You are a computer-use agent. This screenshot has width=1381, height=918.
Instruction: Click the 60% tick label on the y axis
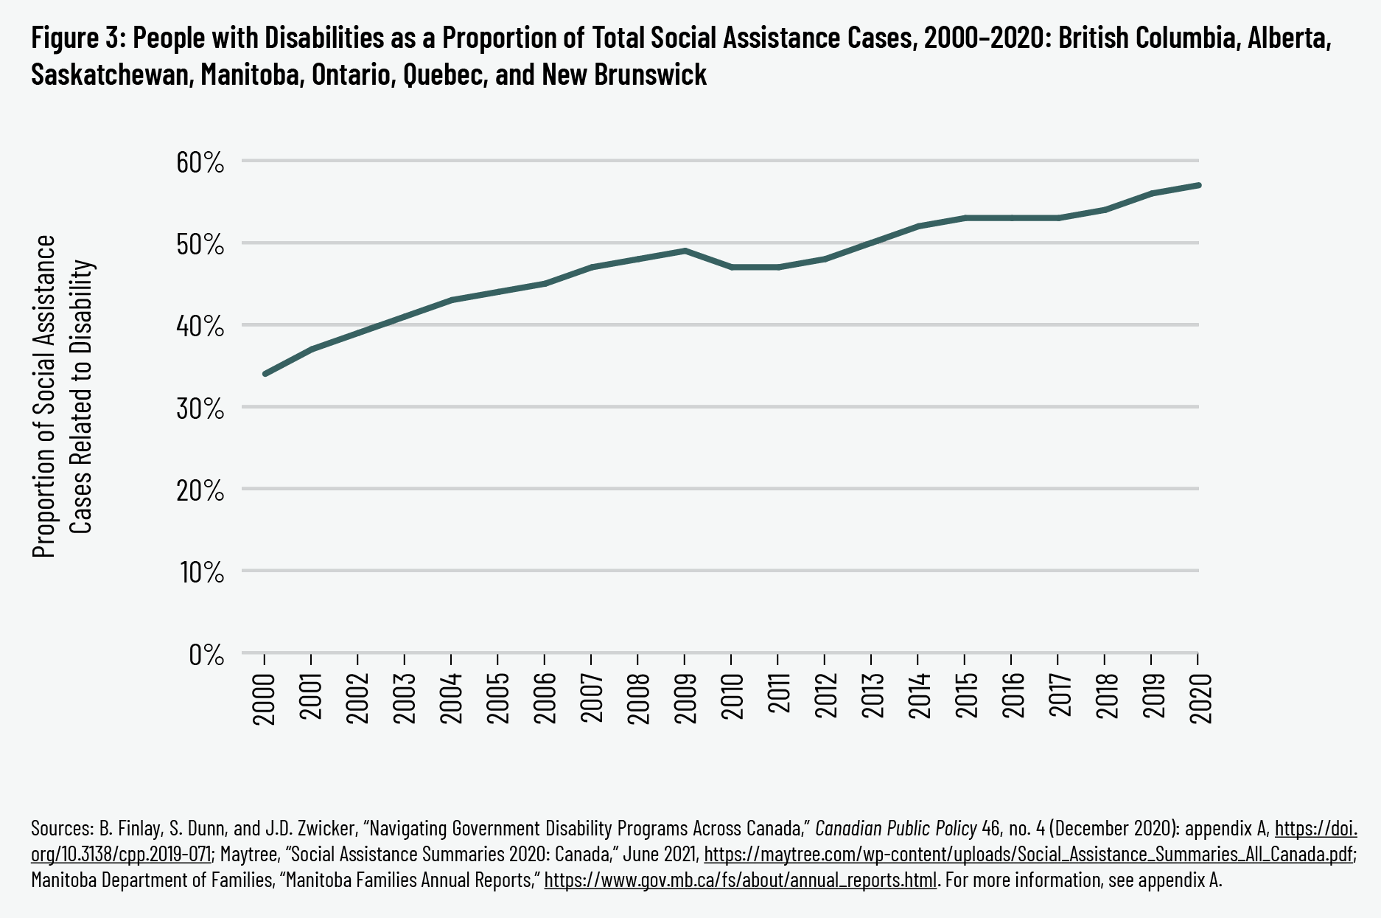pos(200,162)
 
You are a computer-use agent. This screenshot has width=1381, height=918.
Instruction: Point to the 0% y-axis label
pos(206,654)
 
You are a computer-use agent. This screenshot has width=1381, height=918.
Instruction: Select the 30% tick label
pos(200,408)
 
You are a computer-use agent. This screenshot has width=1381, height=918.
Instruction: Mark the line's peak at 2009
pos(685,251)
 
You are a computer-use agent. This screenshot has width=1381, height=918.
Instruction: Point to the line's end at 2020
pos(1199,185)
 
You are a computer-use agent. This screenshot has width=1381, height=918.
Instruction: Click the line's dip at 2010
pos(732,267)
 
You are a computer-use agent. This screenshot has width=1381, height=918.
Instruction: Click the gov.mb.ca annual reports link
pos(740,880)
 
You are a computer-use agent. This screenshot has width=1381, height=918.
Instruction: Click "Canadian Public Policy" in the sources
pos(895,829)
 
